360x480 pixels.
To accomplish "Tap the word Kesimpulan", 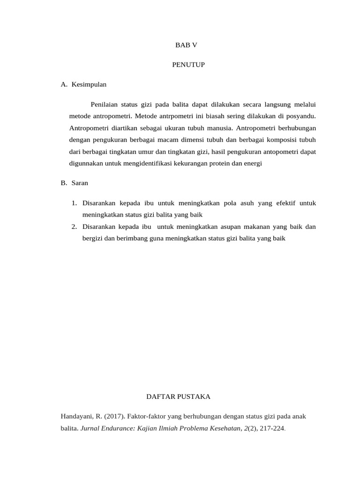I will point(89,85).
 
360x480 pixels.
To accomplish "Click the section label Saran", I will point(80,183).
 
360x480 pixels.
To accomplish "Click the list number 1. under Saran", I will point(75,203).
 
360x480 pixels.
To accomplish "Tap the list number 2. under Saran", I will point(75,227).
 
